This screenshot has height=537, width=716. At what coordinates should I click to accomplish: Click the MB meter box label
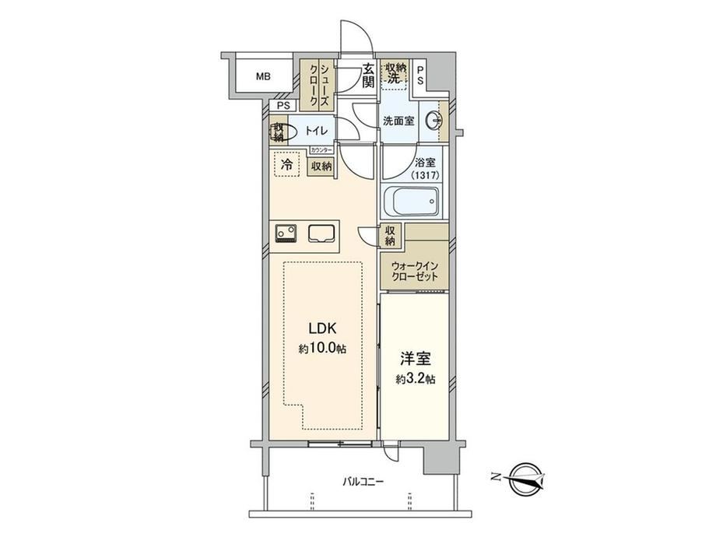tap(263, 77)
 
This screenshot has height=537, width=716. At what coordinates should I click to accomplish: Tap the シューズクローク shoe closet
tap(318, 86)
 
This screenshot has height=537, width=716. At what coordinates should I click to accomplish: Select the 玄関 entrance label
tap(368, 75)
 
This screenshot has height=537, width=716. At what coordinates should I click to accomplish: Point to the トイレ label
tap(316, 131)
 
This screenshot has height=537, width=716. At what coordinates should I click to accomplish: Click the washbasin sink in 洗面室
tap(433, 121)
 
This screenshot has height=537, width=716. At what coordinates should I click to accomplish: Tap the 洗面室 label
tap(398, 121)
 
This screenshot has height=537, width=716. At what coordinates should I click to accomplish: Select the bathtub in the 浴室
tap(411, 201)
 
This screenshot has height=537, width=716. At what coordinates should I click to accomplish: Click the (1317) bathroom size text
tap(425, 175)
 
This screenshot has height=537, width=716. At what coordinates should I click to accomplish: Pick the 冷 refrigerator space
tap(287, 164)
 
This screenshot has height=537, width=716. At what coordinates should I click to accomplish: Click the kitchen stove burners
tap(286, 233)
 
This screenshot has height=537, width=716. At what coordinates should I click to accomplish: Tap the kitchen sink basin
tap(322, 233)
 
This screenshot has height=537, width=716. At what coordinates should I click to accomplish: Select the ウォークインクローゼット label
tap(415, 271)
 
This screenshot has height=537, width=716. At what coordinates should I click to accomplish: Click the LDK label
tap(322, 328)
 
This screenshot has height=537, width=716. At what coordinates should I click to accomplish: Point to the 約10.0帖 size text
tap(322, 349)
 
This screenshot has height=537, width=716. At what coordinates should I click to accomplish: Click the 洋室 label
tap(415, 359)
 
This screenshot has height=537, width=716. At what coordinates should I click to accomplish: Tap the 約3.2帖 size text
tap(415, 379)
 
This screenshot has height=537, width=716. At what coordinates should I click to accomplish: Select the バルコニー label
tap(363, 481)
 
